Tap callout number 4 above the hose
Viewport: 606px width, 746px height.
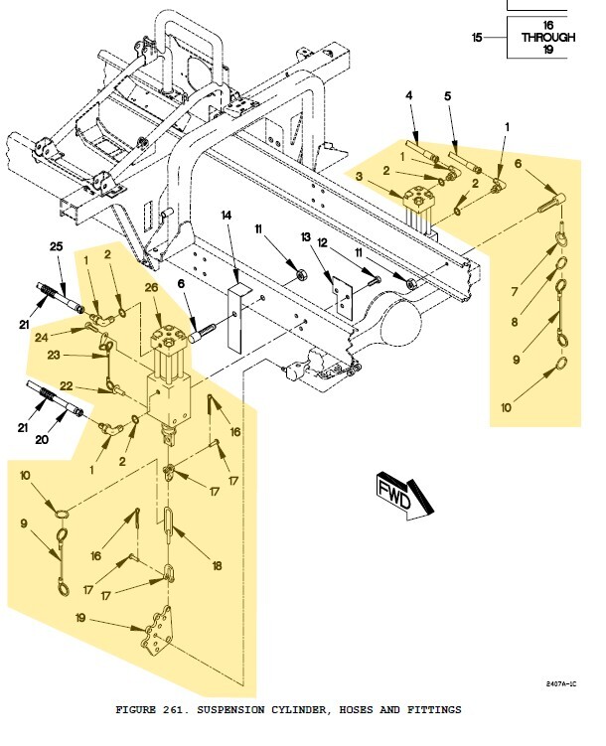407,95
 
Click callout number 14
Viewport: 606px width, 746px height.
227,215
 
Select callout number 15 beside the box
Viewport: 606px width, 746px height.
477,37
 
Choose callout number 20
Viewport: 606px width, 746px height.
68,437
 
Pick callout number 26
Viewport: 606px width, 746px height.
153,288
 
